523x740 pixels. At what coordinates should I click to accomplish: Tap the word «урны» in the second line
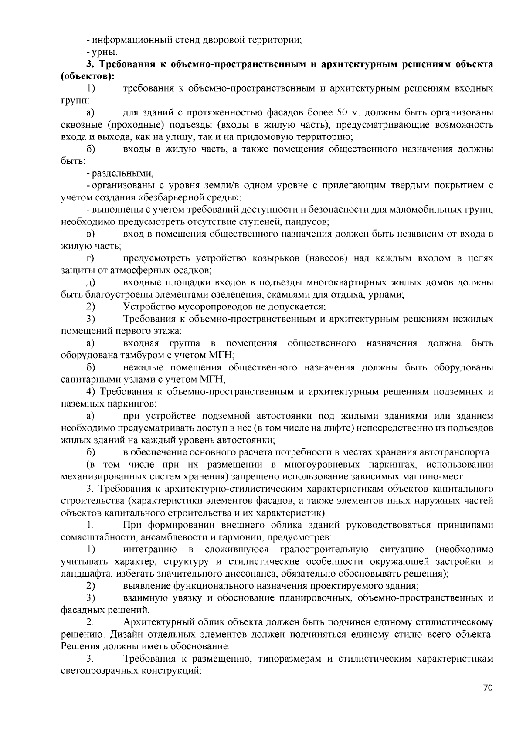coord(103,52)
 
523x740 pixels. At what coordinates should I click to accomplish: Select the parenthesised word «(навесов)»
coord(327,258)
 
